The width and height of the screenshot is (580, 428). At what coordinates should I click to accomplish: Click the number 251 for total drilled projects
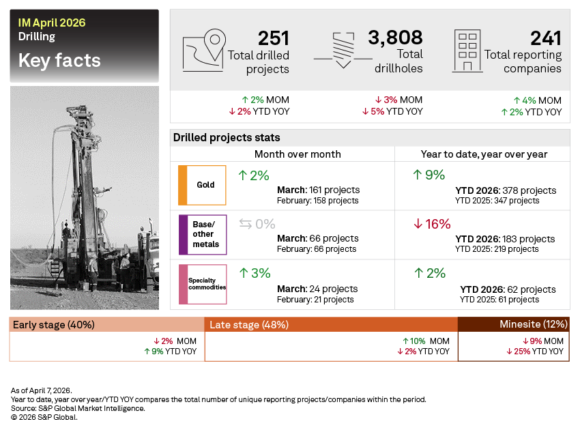tap(273, 38)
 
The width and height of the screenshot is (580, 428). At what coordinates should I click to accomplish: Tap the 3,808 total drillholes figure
tap(395, 38)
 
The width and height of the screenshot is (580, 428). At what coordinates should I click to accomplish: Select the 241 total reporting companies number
tap(545, 38)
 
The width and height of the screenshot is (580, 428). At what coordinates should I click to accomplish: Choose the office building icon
tap(467, 50)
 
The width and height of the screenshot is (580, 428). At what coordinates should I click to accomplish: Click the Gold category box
tap(202, 185)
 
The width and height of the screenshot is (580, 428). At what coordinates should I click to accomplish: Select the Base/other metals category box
tap(202, 234)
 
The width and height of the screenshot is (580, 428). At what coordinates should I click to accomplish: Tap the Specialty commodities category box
tap(202, 283)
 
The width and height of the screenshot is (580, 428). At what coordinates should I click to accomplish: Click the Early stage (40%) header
tap(53, 325)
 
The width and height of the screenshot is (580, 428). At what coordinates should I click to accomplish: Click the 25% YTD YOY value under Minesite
tap(534, 352)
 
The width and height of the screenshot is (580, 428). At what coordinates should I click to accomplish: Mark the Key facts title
tap(59, 61)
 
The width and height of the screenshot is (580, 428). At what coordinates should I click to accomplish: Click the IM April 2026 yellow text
tap(52, 23)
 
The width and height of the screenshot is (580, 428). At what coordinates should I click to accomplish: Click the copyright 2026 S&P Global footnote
tap(44, 417)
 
